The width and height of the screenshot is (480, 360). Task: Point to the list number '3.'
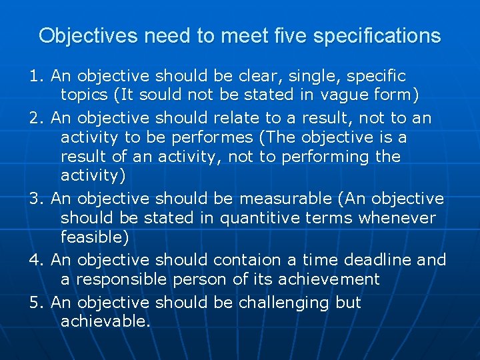coord(37,199)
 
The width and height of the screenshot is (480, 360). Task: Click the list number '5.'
coord(37,303)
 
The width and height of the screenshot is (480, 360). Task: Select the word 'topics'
coord(85,96)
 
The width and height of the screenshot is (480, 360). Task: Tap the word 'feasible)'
coord(95,237)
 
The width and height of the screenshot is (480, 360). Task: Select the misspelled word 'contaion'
coord(247,260)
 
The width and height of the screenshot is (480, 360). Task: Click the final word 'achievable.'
coord(106,322)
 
